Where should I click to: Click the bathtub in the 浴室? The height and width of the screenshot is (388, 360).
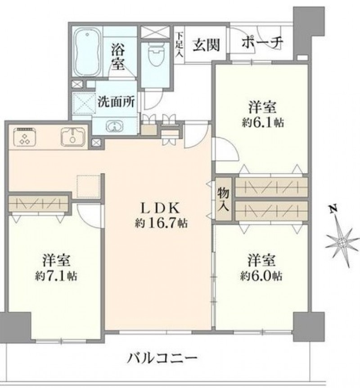87,53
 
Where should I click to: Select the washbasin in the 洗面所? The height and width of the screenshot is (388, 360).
114,126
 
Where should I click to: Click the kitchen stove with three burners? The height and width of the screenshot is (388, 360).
25,137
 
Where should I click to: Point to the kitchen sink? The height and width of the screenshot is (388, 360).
73,137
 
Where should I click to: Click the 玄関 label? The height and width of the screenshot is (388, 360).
206,45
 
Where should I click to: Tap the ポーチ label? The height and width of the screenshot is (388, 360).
262,43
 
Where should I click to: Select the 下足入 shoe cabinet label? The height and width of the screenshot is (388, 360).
180,45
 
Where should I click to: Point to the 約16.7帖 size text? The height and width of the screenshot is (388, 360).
161,223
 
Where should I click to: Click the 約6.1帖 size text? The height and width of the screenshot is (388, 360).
263,122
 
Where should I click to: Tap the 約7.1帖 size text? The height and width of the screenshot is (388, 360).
56,275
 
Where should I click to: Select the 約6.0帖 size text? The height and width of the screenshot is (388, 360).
261,275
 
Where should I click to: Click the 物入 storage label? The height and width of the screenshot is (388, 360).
223,199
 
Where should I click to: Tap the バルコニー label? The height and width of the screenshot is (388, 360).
162,358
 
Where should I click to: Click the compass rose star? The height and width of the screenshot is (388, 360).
342,242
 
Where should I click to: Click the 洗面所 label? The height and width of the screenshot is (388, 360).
116,101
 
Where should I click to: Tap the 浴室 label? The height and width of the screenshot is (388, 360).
118,56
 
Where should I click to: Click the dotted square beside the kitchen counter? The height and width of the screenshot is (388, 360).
88,186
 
